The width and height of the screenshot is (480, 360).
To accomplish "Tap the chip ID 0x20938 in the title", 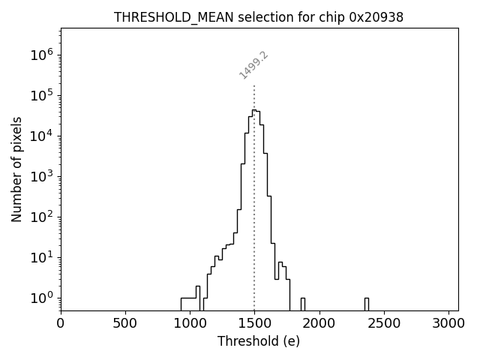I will point(376,17).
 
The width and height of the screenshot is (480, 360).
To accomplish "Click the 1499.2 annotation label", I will point(253,65).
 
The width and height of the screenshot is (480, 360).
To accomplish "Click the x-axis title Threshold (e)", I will point(259,341).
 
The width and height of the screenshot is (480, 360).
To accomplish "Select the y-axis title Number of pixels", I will point(16,169).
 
